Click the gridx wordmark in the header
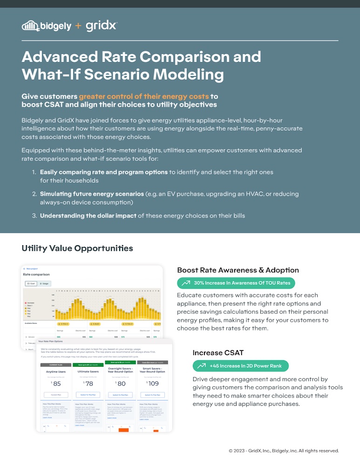coord(102,26)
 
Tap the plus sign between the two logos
coord(78,26)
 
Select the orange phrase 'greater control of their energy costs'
coord(144,96)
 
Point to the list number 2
coord(34,193)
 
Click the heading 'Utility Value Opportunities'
coord(77,248)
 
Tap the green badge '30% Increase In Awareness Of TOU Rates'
coord(236,283)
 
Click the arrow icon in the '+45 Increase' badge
coord(202,366)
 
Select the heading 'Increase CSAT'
coord(218,352)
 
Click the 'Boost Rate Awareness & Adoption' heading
coord(238,270)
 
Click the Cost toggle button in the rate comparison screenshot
coord(30,283)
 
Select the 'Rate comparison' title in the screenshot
coord(36,274)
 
